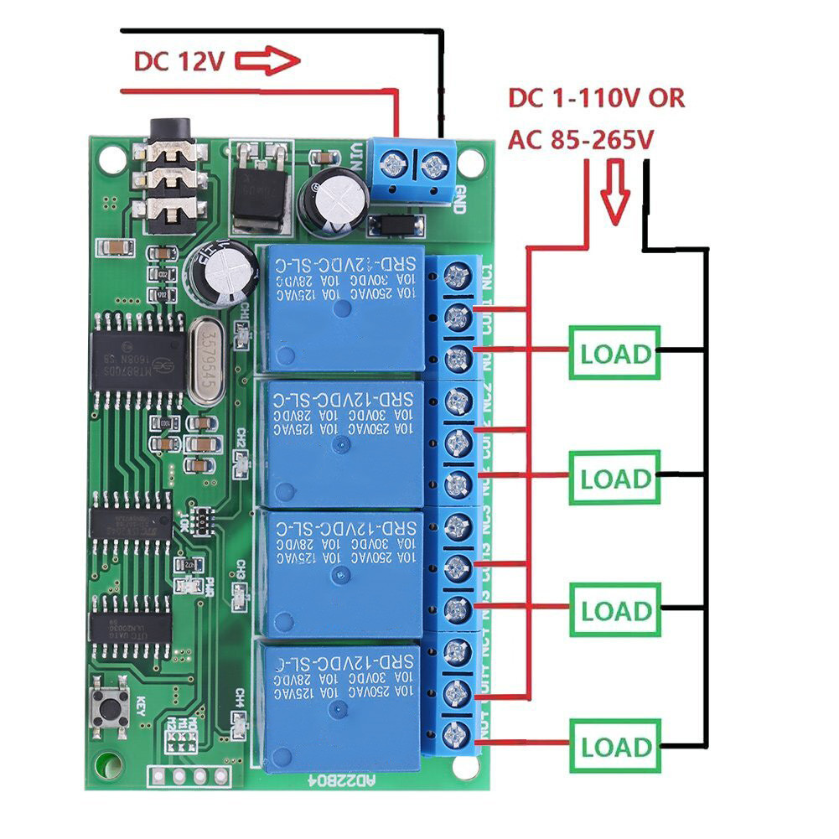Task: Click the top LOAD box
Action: [x=615, y=353]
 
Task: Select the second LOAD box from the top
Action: [x=615, y=479]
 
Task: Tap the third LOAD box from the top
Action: [x=615, y=610]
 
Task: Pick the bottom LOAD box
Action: [x=615, y=746]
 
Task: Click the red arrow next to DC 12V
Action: [x=267, y=61]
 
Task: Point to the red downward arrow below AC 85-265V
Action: [x=617, y=192]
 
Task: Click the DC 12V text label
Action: [x=177, y=62]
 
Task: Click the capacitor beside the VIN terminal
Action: [x=333, y=202]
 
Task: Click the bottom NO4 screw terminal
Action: [x=457, y=733]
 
